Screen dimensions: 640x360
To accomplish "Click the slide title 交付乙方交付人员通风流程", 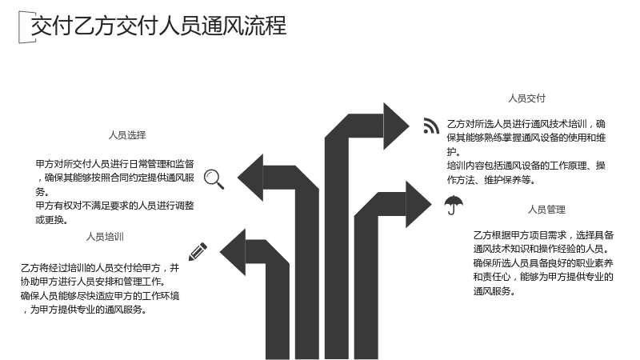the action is [158, 26].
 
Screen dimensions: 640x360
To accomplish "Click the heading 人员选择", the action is [127, 135].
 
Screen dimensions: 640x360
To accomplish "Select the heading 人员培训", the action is [105, 237].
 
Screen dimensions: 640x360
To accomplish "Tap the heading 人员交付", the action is [526, 98].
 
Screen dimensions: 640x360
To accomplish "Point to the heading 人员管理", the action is [546, 210].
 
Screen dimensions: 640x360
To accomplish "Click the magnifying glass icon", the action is [214, 179].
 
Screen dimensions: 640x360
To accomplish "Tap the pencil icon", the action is [198, 252].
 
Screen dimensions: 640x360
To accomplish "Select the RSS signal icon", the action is [431, 126].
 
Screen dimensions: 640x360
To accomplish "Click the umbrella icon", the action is [454, 205].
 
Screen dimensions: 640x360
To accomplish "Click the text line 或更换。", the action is [51, 219].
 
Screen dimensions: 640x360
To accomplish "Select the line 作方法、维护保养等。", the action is [491, 179].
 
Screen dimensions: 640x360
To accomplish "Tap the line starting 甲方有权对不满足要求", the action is [114, 206].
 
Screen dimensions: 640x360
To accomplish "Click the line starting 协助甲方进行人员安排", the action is [94, 282].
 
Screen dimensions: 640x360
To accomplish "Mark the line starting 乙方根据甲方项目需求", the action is [543, 235].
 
